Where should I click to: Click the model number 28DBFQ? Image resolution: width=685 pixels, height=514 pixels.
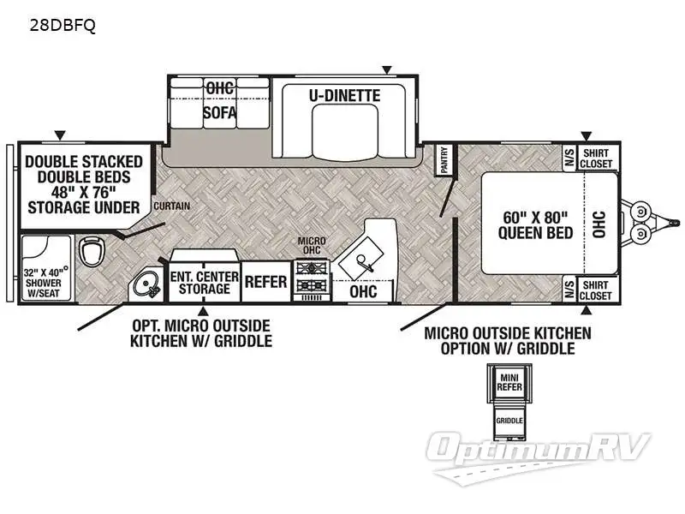[63, 26]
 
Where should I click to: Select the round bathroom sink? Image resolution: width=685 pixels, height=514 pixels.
[147, 284]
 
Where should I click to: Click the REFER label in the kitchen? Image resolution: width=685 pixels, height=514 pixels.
[265, 282]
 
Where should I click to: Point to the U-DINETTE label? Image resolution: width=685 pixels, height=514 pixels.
[345, 95]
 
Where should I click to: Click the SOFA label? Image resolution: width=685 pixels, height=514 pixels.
[219, 112]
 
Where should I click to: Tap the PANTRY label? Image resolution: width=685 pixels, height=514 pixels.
[444, 160]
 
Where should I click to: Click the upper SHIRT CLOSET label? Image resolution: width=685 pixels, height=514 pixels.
[596, 158]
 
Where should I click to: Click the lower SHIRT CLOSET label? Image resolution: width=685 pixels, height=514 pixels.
[596, 290]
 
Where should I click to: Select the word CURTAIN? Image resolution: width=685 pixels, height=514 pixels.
[172, 206]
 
